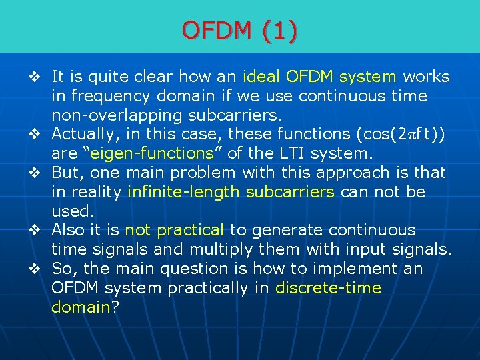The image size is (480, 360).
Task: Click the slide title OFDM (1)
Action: click(x=240, y=31)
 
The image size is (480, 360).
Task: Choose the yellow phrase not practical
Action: click(x=175, y=231)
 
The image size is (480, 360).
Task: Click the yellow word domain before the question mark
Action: click(x=81, y=307)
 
